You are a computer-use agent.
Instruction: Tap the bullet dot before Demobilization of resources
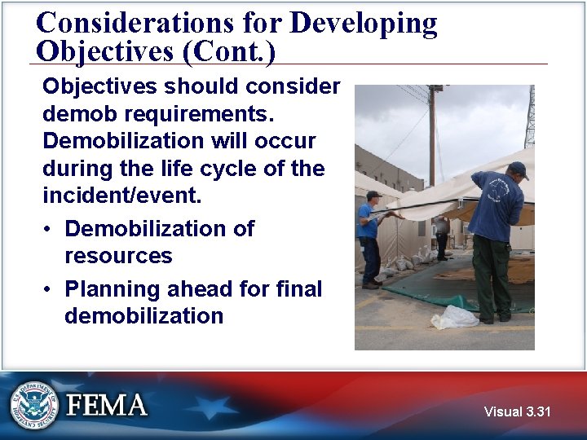click(50, 229)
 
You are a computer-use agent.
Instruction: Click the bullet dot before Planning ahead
click(50, 289)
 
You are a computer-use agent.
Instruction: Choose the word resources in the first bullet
click(118, 256)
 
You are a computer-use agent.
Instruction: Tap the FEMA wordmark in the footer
click(107, 405)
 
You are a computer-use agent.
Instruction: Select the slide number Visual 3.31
click(517, 411)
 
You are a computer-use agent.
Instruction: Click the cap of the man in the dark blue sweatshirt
click(517, 169)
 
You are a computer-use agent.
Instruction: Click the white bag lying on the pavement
click(454, 317)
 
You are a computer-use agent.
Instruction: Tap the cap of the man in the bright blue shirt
click(373, 196)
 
